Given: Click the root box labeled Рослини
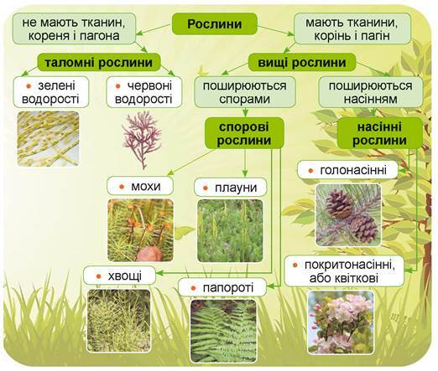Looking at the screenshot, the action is [214, 23].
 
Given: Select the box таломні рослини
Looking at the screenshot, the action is [99, 62].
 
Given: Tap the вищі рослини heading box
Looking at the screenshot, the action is [302, 62].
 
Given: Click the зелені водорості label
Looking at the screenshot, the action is [50, 92].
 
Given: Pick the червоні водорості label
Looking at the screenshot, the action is [144, 92].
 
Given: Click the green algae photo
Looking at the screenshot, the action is [48, 139].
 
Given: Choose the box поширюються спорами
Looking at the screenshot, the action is [245, 92].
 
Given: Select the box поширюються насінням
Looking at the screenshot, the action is [371, 92].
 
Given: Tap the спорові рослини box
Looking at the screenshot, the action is [244, 133].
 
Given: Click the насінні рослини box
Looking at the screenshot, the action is [379, 133].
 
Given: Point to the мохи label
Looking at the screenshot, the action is [140, 186].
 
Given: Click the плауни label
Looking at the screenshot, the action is [231, 187].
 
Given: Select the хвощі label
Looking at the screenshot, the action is [119, 276].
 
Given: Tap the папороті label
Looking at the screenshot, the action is [222, 287].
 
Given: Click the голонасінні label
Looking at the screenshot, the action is [347, 170].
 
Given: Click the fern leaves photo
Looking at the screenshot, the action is [223, 331].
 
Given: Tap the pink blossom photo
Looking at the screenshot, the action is [341, 322].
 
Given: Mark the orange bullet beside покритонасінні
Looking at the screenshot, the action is [295, 265].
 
